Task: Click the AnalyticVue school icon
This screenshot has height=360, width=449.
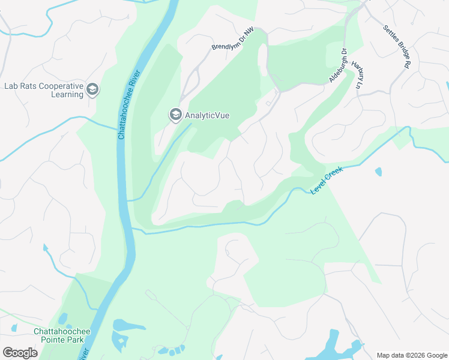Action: [175, 115]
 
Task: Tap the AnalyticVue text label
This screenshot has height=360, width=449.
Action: [207, 115]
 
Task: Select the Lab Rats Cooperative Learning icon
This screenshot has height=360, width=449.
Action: [92, 90]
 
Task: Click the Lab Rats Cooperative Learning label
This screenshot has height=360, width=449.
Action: [43, 90]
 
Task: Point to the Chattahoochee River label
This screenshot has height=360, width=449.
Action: [128, 105]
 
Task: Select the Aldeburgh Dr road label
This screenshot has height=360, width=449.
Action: [338, 65]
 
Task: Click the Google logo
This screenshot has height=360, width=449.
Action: [20, 353]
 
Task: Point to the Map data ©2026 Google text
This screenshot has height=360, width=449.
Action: [412, 355]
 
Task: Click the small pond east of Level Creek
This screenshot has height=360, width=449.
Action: [378, 172]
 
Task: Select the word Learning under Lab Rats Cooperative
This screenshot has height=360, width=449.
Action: [67, 94]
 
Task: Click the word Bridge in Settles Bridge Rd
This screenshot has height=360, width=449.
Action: [400, 46]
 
